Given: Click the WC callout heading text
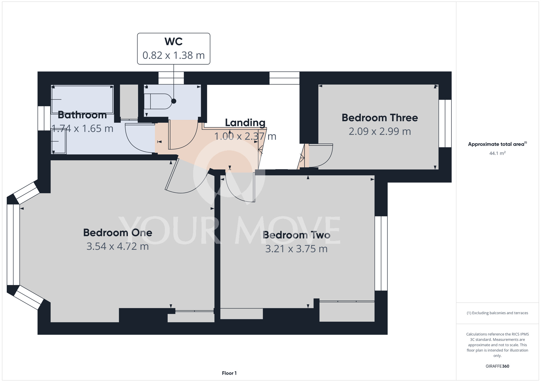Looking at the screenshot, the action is tap(173, 42).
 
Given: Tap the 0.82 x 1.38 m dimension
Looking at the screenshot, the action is tap(173, 55).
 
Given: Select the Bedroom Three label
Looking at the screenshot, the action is tap(380, 118).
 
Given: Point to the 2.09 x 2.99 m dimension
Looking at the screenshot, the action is tap(380, 131).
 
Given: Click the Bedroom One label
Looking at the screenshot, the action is tap(118, 233).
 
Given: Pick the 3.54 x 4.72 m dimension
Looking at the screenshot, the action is tap(118, 246).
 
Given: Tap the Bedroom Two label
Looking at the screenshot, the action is tap(296, 235).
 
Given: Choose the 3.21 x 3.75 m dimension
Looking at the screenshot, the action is tap(296, 249).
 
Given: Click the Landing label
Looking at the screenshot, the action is tap(245, 123).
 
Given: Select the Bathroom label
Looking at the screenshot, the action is tap(82, 115).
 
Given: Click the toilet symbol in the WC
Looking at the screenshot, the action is tap(158, 101).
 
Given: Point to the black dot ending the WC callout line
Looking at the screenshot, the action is tap(174, 101).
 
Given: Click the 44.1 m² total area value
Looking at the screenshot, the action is tap(497, 153).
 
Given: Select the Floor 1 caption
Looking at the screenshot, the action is tap(229, 373).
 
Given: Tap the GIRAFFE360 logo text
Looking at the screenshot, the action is tap(497, 366).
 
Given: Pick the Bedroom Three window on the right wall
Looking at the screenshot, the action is tap(445, 123).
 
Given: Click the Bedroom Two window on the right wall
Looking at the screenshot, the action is tap(381, 253).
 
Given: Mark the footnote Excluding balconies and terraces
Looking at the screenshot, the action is tap(497, 313).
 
